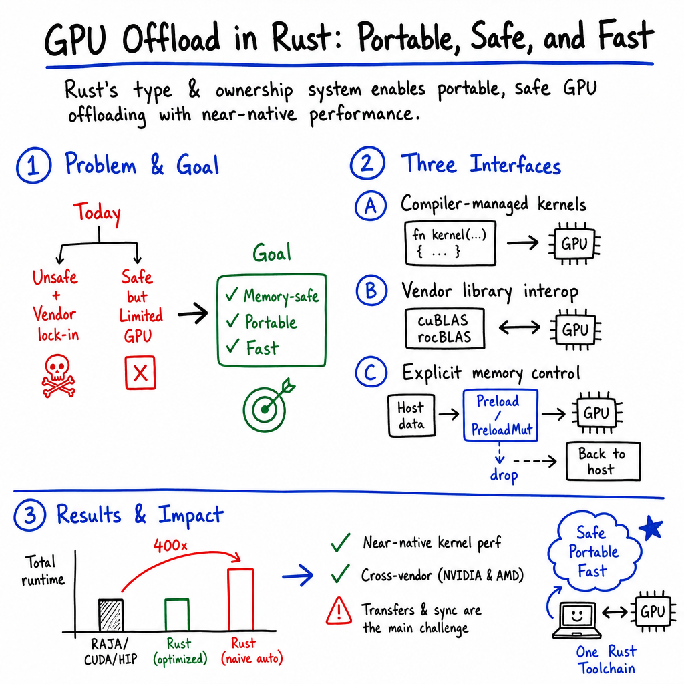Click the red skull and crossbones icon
tap(58, 375)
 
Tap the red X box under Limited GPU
tap(140, 373)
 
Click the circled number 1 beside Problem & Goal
tap(33, 166)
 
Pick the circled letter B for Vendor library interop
tap(371, 291)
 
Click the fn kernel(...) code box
tap(450, 243)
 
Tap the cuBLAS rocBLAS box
tap(444, 329)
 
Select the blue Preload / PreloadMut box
tap(500, 415)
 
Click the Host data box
tap(411, 415)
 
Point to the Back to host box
tap(603, 461)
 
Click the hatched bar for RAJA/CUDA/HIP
tap(111, 615)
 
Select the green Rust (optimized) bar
tap(177, 615)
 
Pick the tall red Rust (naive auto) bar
tap(240, 600)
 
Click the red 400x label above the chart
tap(170, 545)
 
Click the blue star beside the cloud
tap(651, 528)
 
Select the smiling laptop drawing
tap(577, 621)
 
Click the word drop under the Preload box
tap(504, 475)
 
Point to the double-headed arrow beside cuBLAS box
tap(520, 327)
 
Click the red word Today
tap(98, 213)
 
